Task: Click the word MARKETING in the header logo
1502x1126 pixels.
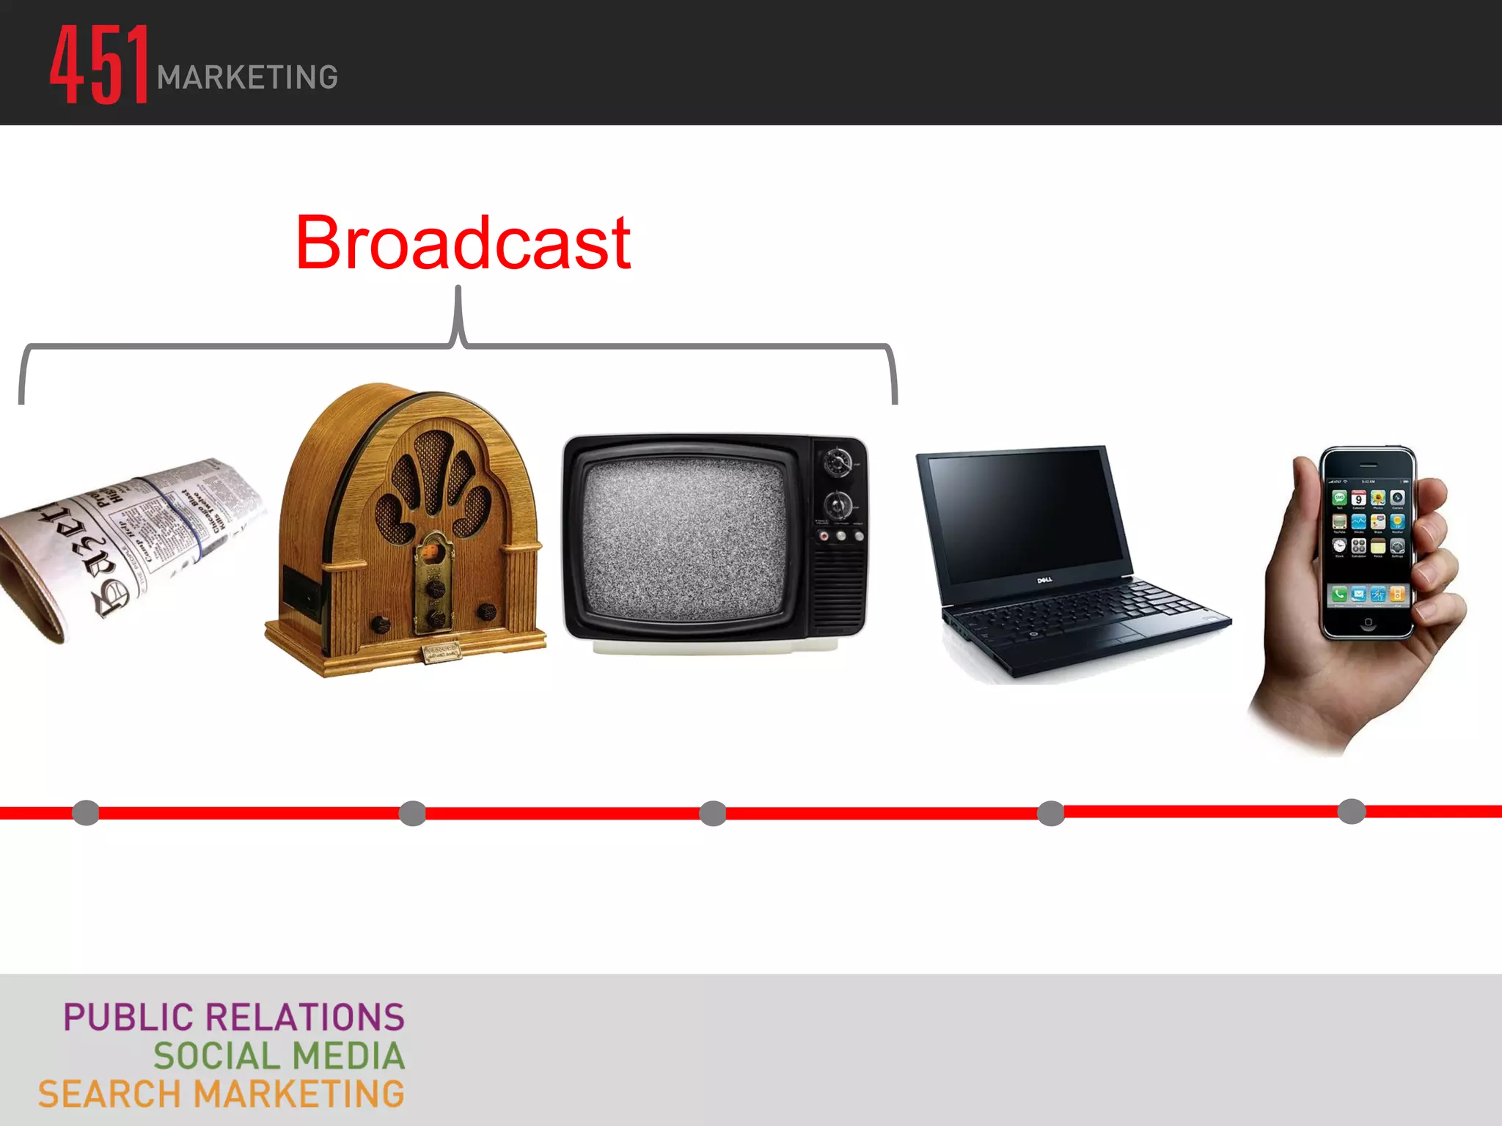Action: [x=247, y=78]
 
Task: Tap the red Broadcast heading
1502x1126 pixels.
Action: [x=463, y=243]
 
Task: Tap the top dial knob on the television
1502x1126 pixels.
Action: [x=837, y=463]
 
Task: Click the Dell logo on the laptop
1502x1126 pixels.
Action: [x=1044, y=580]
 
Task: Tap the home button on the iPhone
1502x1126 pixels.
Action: [x=1368, y=622]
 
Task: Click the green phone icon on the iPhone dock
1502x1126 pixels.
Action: [x=1339, y=594]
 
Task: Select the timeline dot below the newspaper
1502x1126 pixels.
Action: [x=86, y=812]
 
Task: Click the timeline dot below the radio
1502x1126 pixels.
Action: [x=412, y=813]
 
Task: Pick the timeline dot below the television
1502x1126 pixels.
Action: [x=713, y=813]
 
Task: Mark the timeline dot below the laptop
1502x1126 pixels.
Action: [x=1051, y=813]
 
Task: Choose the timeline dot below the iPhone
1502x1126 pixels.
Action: [x=1351, y=812]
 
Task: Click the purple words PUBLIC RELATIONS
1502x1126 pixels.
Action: [x=234, y=1018]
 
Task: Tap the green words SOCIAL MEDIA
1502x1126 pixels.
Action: [x=279, y=1056]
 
